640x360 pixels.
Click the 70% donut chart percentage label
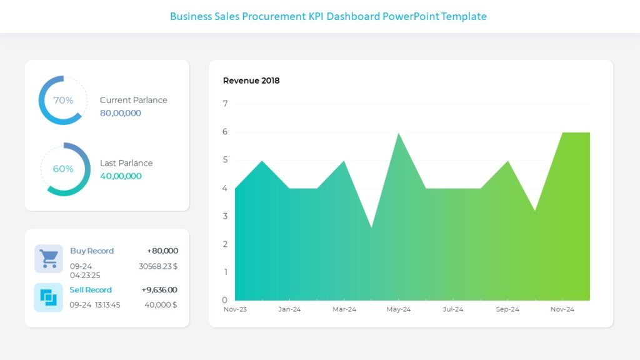pyautogui.click(x=63, y=100)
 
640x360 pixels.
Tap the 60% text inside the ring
pyautogui.click(x=63, y=169)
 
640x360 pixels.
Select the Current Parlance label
pyautogui.click(x=133, y=100)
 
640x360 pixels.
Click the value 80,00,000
pyautogui.click(x=121, y=113)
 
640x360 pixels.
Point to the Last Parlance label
pyautogui.click(x=126, y=163)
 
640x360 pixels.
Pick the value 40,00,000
pyautogui.click(x=121, y=176)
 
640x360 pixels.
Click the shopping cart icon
pyautogui.click(x=49, y=258)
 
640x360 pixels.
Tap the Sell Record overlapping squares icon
pyautogui.click(x=49, y=297)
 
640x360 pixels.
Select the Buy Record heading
pyautogui.click(x=92, y=251)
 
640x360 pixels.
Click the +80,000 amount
pyautogui.click(x=162, y=251)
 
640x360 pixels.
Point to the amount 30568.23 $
pyautogui.click(x=158, y=266)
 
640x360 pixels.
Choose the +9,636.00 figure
pyautogui.click(x=159, y=290)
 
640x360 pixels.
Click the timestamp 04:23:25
pyautogui.click(x=85, y=275)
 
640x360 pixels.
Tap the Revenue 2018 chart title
pyautogui.click(x=251, y=81)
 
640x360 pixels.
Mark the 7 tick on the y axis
pyautogui.click(x=225, y=104)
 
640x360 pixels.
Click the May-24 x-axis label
pyautogui.click(x=398, y=309)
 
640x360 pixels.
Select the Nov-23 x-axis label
pyautogui.click(x=235, y=309)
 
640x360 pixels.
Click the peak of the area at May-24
pyautogui.click(x=398, y=134)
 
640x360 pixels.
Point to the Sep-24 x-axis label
pyautogui.click(x=507, y=309)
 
